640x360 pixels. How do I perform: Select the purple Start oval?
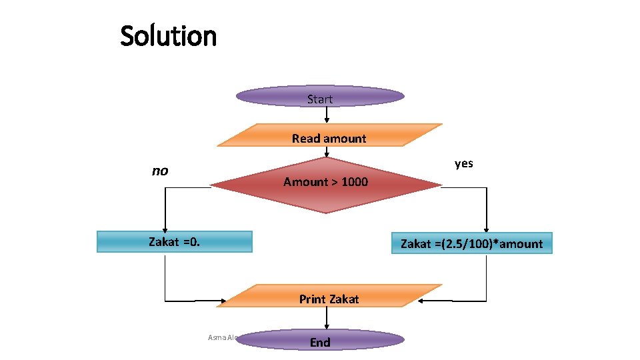320,98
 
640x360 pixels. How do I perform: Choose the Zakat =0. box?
175,241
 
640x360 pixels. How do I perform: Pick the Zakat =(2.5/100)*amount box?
471,243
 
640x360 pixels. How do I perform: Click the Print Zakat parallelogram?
329,297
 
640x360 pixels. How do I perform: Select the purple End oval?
320,341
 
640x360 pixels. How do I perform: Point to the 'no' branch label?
160,171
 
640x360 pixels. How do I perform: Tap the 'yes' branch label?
464,163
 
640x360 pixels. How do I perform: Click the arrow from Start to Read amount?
327,115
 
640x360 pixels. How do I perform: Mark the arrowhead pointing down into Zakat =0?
165,227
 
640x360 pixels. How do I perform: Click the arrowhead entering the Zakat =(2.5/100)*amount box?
487,228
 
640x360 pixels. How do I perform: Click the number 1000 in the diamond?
354,182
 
